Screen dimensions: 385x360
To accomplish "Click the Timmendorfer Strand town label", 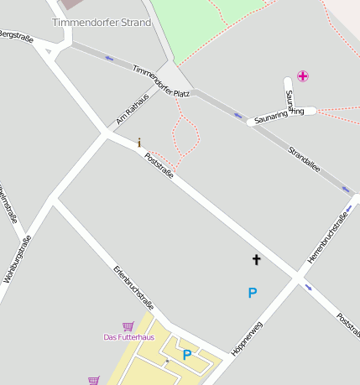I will (102, 22).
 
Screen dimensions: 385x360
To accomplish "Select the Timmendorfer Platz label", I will (161, 81).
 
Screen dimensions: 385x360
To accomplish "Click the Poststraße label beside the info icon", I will (159, 165).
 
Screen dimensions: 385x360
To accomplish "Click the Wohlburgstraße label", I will (17, 258).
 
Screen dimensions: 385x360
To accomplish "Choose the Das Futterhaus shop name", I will (128, 337).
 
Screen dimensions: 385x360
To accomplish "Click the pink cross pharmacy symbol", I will (302, 76).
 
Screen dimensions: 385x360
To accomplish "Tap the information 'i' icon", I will (139, 143).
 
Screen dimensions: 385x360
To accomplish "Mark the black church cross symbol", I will (256, 260).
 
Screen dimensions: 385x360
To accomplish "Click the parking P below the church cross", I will (252, 293).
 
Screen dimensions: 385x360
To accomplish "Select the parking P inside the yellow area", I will (187, 355).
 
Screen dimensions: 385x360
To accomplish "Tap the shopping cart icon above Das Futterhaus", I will (128, 325).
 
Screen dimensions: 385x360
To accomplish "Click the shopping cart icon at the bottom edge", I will (93, 380).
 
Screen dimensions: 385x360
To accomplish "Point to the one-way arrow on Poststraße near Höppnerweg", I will (310, 287).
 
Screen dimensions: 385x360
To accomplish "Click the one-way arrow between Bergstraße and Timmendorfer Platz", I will (109, 58).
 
